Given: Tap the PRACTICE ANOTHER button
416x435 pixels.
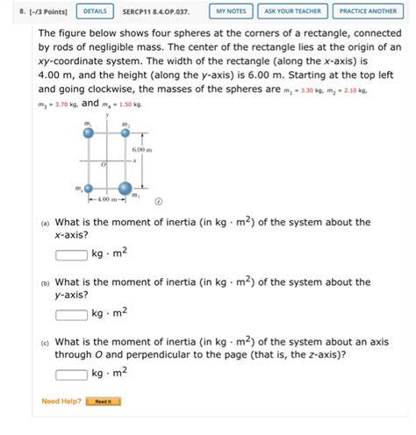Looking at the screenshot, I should click(368, 11).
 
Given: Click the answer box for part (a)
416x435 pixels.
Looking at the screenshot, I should click(72, 255).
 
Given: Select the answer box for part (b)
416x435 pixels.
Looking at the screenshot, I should click(72, 313).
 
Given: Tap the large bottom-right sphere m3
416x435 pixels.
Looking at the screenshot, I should click(125, 188).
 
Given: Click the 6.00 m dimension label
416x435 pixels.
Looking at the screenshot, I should click(142, 150).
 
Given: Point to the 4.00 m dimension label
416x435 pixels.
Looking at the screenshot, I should click(107, 200).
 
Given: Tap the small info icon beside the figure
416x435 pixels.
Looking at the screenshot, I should click(159, 200).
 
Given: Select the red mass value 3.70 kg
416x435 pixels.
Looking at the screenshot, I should click(64, 104).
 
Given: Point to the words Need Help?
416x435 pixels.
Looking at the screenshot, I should click(61, 402).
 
